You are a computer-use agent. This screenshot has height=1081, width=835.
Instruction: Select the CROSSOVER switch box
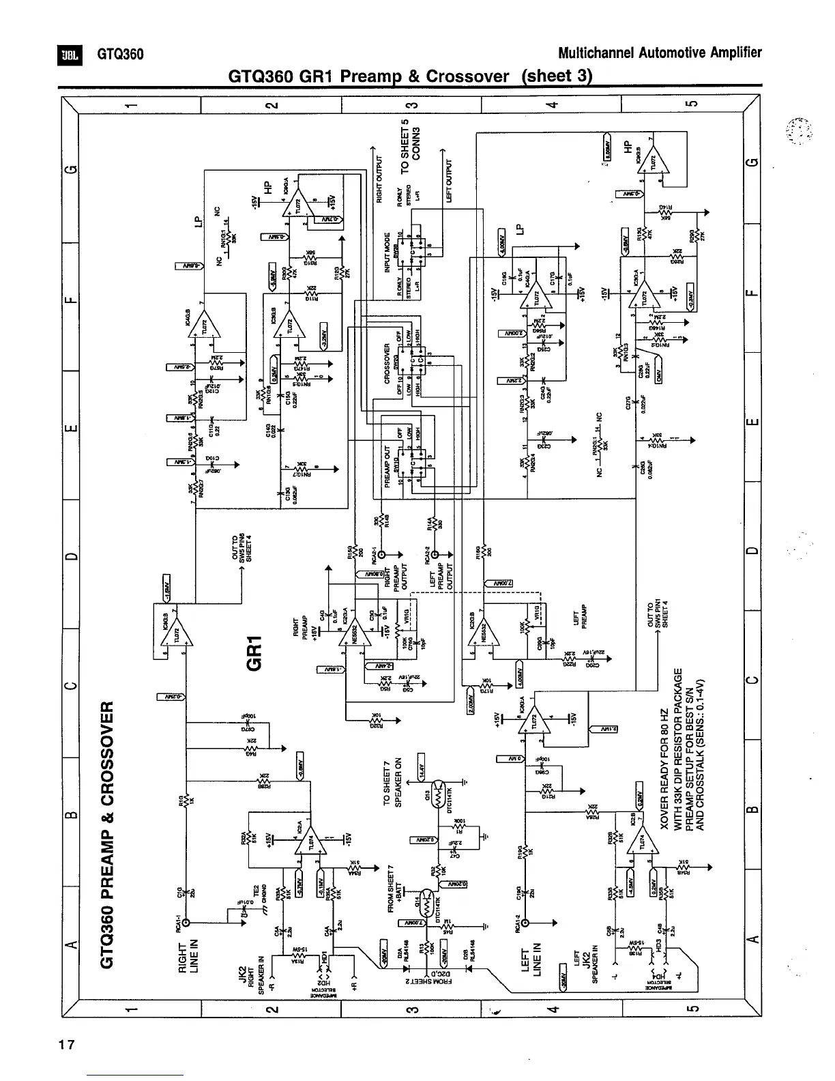point(415,361)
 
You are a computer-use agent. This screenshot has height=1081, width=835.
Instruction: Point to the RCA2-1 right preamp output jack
point(381,554)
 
